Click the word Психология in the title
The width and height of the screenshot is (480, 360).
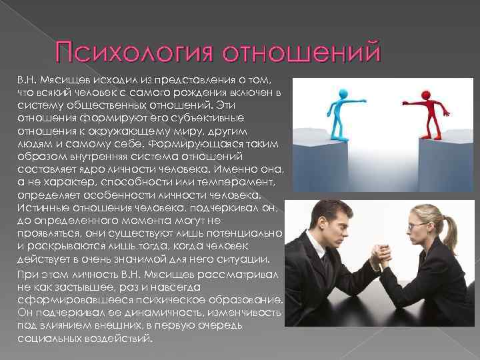[135, 51]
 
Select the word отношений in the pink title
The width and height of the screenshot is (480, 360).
[301, 51]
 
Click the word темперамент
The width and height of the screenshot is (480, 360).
[236, 183]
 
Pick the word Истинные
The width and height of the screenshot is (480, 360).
[43, 208]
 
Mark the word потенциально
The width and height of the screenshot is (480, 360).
[244, 233]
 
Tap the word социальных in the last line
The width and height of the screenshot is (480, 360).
[49, 339]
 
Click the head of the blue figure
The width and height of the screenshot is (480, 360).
[343, 93]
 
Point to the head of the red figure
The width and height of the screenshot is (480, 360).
[426, 95]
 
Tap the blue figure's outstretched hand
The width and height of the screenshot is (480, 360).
[363, 101]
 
